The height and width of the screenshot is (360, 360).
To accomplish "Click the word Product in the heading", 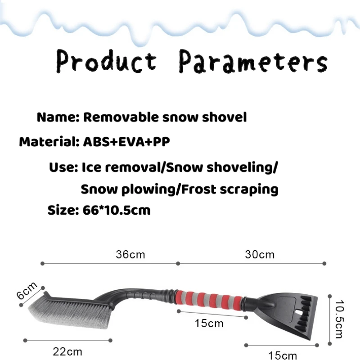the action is click(107, 61).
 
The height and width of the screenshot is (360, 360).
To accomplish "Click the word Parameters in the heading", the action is click(253, 61).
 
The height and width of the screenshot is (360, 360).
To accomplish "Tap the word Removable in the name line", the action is click(121, 117).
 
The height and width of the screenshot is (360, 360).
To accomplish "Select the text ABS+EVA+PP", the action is click(126, 142).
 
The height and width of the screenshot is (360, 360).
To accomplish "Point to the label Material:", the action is click(49, 142).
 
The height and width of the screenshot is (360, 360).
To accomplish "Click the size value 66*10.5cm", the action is click(117, 210).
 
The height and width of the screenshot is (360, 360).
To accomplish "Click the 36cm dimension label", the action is click(130, 255).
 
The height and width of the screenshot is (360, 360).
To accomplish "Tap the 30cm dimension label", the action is click(260, 255).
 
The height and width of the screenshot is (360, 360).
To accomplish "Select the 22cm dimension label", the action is click(67, 352).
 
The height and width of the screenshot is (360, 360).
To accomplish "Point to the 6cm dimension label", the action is click(27, 290).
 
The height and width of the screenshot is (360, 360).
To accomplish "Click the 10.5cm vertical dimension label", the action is click(339, 319).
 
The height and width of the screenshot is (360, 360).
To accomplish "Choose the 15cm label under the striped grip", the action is click(209, 324).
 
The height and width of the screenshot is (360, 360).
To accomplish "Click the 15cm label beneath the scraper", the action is click(283, 355).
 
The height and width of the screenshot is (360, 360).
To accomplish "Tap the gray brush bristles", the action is click(69, 313).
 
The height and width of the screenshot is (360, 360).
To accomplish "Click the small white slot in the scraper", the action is click(299, 313).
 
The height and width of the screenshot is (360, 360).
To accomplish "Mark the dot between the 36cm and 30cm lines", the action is click(178, 264).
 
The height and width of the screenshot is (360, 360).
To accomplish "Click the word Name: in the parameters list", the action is click(58, 117).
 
